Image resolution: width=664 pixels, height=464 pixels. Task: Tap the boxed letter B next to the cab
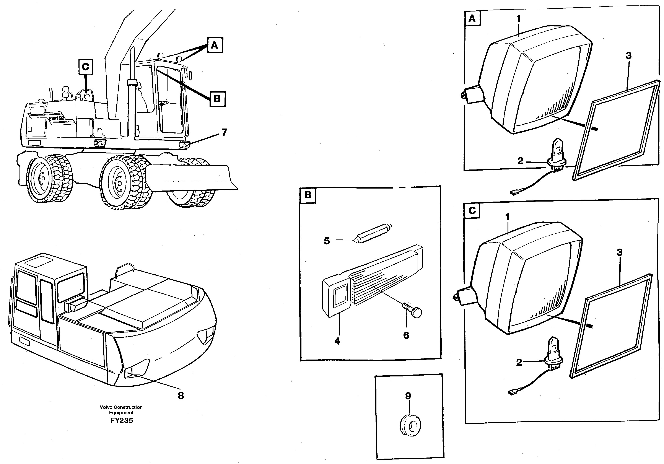tap(217, 99)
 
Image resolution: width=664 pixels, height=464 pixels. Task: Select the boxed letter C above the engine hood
tap(86, 67)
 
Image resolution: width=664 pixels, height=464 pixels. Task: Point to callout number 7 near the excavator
tap(224, 132)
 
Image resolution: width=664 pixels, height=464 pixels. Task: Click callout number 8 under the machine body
tap(181, 396)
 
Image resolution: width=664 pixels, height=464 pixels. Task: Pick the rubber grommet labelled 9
tap(410, 425)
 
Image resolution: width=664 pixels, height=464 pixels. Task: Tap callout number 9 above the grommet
tap(408, 396)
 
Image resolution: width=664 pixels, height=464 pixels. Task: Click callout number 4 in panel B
tap(337, 341)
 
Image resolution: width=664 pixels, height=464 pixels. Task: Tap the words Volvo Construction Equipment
tap(121, 410)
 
